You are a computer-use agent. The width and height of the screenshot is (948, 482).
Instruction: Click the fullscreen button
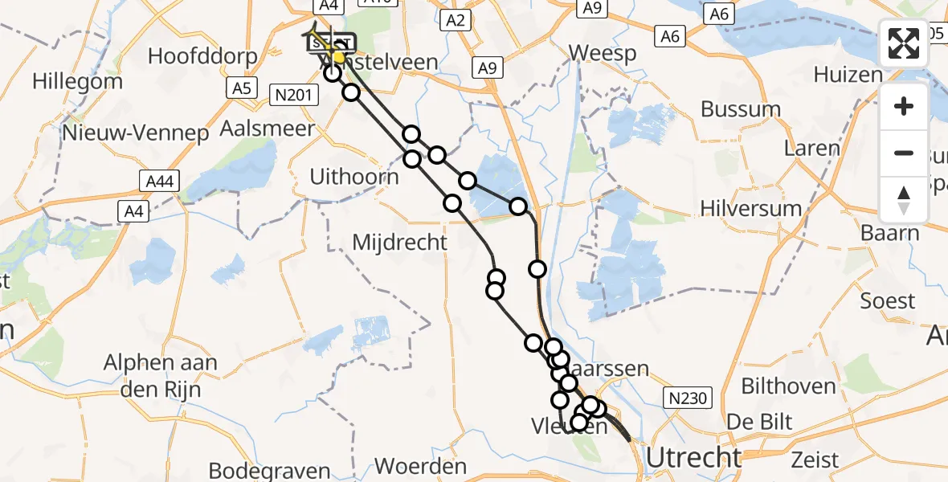tap(904, 43)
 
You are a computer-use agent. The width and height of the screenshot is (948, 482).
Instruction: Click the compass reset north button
tap(904, 199)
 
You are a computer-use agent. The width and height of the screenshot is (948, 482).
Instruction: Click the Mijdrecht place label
tap(400, 241)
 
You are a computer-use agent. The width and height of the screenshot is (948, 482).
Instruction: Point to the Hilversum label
tap(750, 209)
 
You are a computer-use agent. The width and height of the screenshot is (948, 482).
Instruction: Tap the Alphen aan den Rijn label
tap(161, 376)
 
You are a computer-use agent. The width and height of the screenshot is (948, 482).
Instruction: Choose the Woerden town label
tap(420, 467)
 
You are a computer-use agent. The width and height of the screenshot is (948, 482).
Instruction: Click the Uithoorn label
tap(354, 177)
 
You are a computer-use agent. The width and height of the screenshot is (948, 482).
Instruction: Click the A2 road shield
tap(456, 21)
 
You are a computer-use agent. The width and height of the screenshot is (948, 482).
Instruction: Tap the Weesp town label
tap(602, 54)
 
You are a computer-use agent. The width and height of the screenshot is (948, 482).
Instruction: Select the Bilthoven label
tap(788, 386)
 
